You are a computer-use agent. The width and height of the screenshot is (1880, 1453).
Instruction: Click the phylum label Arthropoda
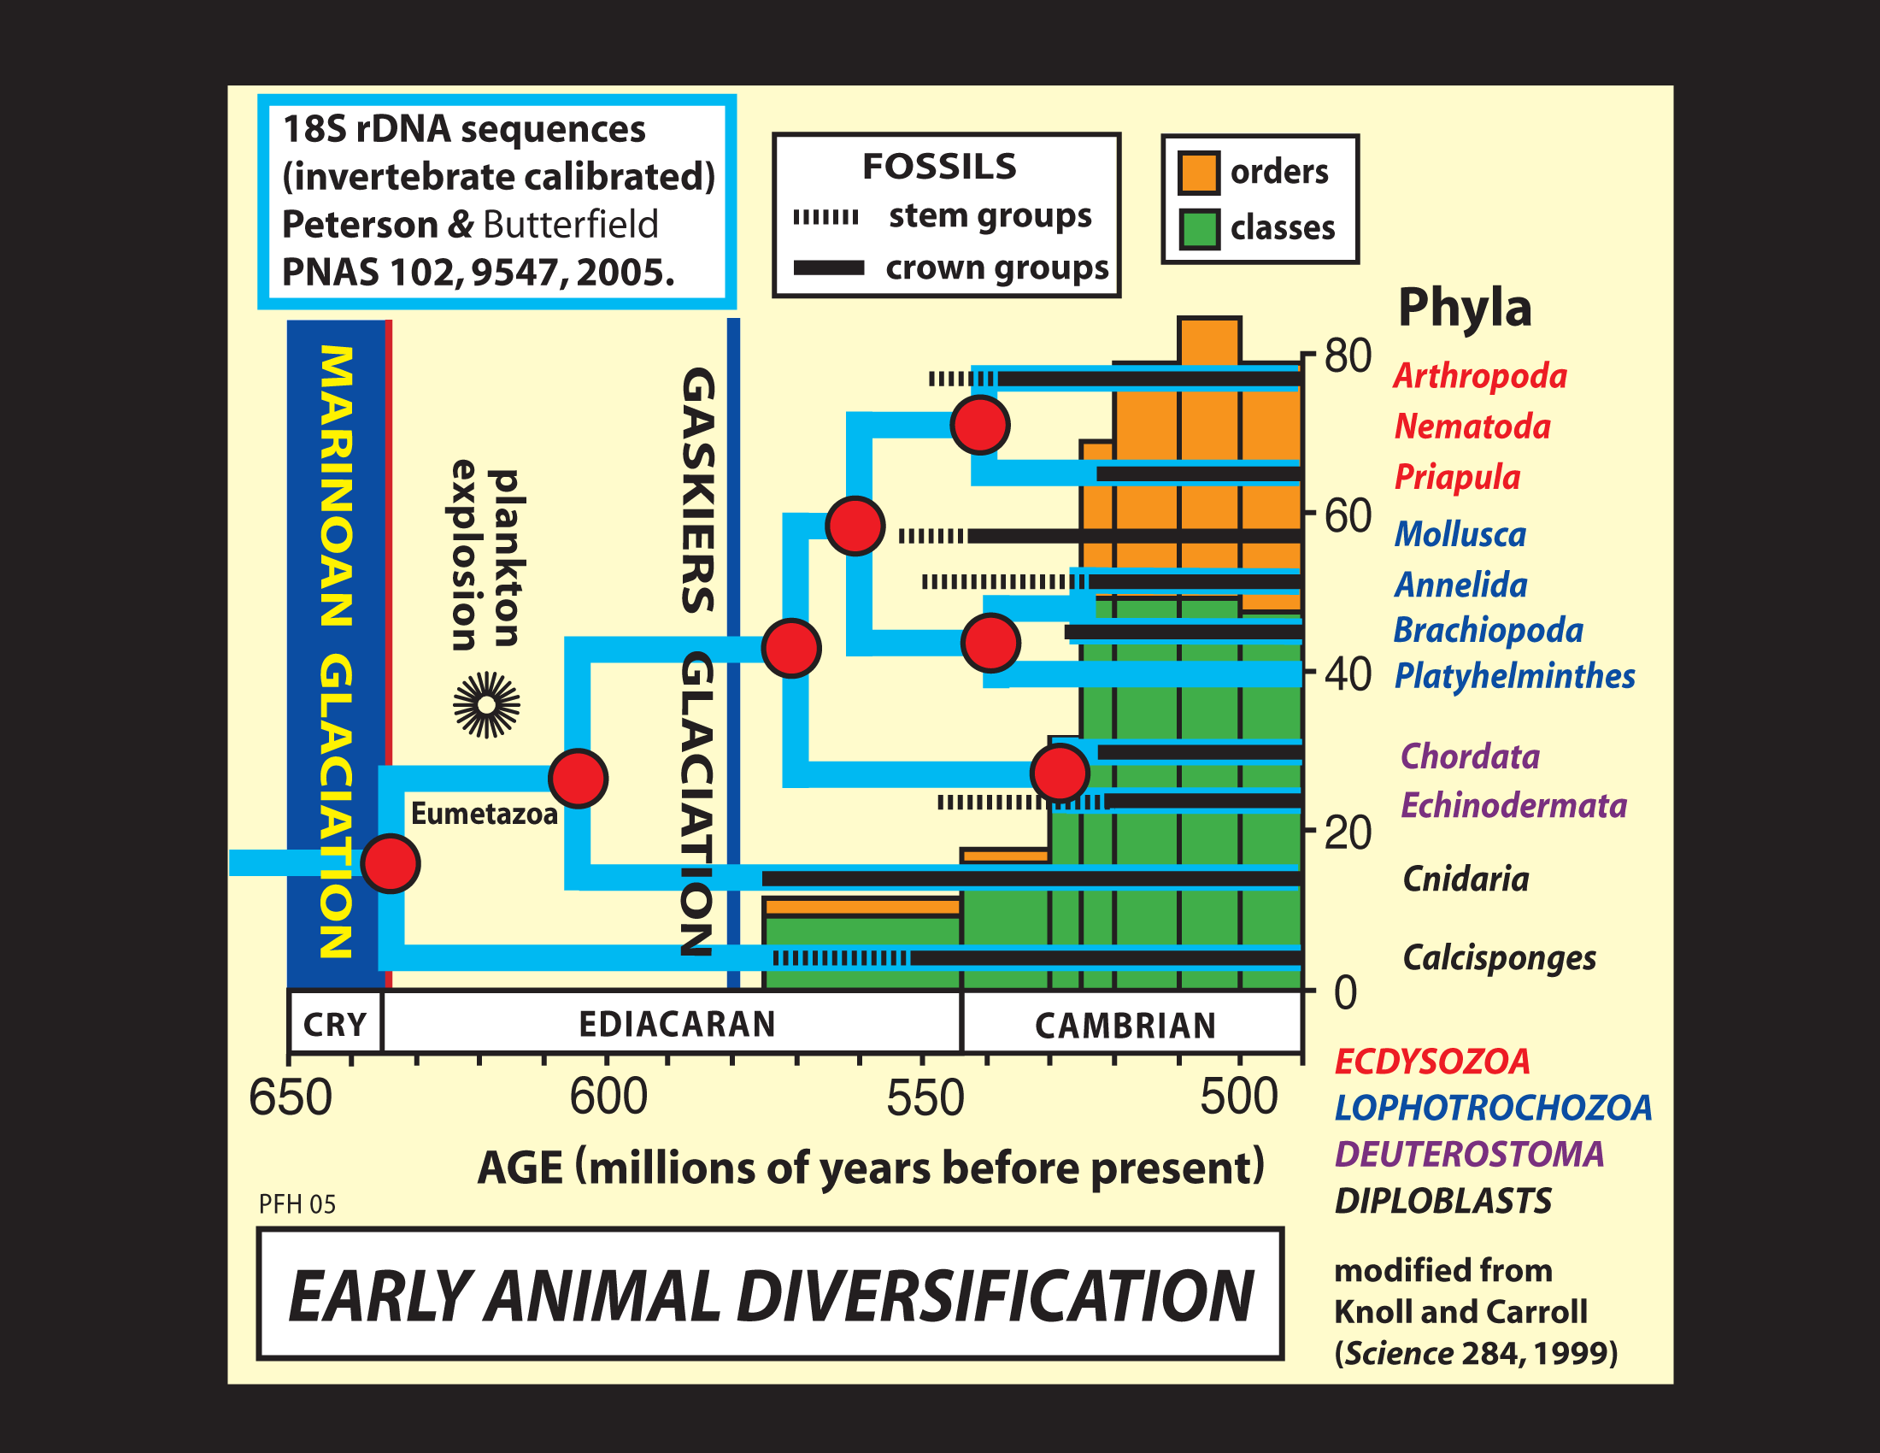pyautogui.click(x=1480, y=376)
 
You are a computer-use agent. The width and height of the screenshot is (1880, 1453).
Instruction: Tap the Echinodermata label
pyautogui.click(x=1513, y=806)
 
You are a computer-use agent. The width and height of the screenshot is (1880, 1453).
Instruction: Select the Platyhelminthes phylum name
pyautogui.click(x=1514, y=676)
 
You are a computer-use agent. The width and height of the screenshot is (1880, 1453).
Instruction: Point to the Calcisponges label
pyautogui.click(x=1499, y=957)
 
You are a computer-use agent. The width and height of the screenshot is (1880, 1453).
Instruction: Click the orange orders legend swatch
pyautogui.click(x=1198, y=172)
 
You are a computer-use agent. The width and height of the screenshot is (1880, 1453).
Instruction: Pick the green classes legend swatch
pyautogui.click(x=1198, y=229)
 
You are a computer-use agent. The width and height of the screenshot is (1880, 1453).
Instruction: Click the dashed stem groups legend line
pyautogui.click(x=825, y=217)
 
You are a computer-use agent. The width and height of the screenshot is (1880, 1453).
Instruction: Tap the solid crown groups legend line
pyautogui.click(x=828, y=268)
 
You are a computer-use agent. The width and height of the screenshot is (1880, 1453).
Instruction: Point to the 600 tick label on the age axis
pyautogui.click(x=608, y=1097)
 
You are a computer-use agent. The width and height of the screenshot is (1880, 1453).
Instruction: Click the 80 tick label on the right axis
pyautogui.click(x=1347, y=356)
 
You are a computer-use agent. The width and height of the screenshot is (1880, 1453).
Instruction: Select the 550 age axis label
pyautogui.click(x=925, y=1098)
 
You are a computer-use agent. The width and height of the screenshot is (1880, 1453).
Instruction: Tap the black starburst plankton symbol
pyautogui.click(x=486, y=705)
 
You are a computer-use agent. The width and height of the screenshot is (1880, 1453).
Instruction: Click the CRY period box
pyautogui.click(x=335, y=1024)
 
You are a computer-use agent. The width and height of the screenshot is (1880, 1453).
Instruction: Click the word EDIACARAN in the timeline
pyautogui.click(x=677, y=1024)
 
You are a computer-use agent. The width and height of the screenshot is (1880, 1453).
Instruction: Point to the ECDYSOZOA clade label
pyautogui.click(x=1432, y=1062)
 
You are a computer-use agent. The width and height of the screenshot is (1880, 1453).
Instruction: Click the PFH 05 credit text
pyautogui.click(x=297, y=1204)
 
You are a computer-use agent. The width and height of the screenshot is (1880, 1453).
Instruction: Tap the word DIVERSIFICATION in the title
pyautogui.click(x=995, y=1297)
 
